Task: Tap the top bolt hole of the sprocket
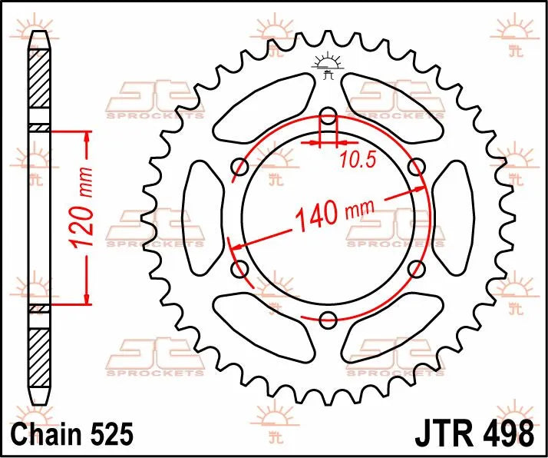point(328,118)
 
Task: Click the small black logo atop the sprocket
point(328,68)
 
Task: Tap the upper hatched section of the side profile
point(38,85)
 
